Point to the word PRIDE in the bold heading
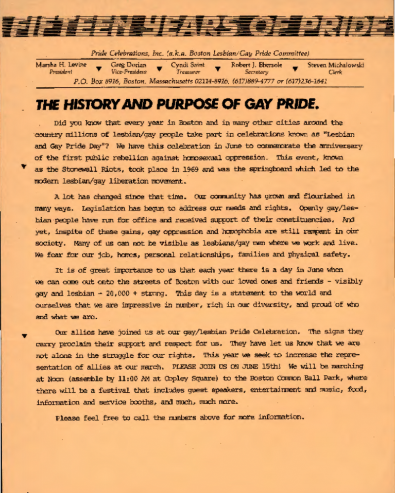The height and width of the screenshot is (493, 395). [x=295, y=105]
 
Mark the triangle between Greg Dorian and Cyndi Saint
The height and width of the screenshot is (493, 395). [x=160, y=68]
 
